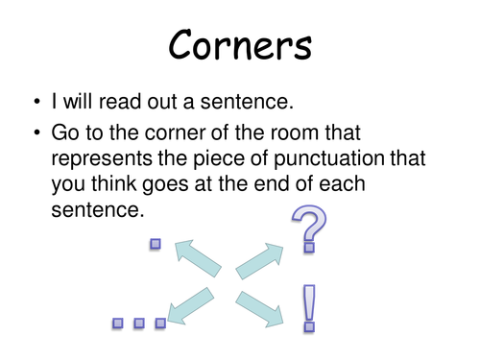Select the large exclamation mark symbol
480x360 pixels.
click(x=309, y=307)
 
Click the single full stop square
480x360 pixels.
click(x=155, y=244)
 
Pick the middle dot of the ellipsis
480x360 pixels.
click(x=139, y=324)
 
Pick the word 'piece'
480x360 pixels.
click(x=226, y=159)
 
